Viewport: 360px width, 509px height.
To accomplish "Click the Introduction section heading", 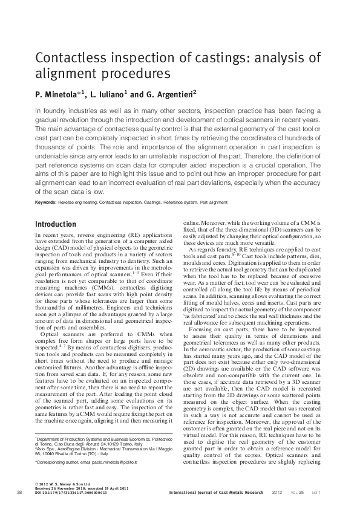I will (x=56, y=224).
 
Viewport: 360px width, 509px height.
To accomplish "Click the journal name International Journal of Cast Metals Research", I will (x=217, y=493).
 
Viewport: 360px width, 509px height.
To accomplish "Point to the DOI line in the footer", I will (x=71, y=493).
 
